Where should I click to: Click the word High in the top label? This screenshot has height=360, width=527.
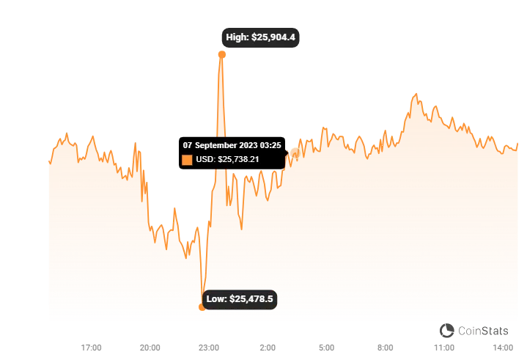237,37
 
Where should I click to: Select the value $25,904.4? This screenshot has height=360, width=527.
274,37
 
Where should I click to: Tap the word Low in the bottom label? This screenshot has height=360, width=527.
216,299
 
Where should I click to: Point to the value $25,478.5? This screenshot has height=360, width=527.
251,299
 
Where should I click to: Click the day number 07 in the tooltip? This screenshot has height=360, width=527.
188,145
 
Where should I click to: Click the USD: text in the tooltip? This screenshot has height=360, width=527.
206,159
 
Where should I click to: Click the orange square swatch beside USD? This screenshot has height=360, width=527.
187,159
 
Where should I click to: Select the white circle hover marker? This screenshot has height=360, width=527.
295,153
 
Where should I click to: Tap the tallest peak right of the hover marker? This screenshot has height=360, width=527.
416,92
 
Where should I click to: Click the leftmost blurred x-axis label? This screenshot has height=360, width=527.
91,345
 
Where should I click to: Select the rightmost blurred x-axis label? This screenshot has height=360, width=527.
503,345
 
